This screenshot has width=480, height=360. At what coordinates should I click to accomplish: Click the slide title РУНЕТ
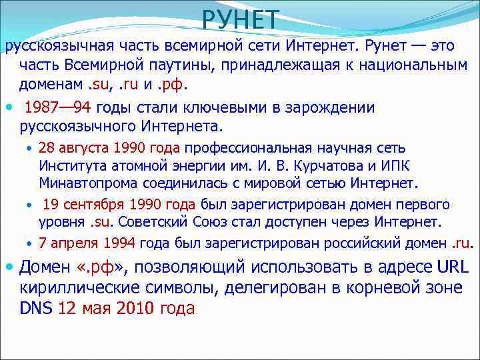coord(241,20)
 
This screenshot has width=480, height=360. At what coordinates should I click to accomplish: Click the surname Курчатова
coord(299,166)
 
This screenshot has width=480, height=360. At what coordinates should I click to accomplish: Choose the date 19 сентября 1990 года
coord(121,205)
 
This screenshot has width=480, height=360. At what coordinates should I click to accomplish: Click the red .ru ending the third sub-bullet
coord(461,243)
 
